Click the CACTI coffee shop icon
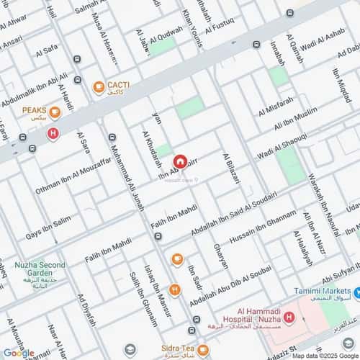99,87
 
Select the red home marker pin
179,162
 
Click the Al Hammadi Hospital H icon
289,318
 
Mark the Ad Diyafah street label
86,310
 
